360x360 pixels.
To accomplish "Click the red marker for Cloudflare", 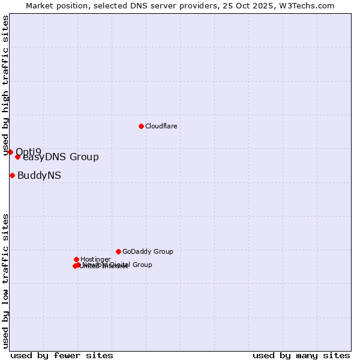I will [141, 126].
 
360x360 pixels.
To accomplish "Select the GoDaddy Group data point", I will [118, 251].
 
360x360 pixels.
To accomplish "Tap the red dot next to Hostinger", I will [76, 259].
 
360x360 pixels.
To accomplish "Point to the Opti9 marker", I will [10, 152].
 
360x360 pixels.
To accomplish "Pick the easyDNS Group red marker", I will [17, 157].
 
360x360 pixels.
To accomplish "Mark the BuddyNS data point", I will [12, 175].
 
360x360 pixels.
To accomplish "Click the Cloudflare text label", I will [161, 126].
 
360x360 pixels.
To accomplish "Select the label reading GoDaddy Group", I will [148, 251].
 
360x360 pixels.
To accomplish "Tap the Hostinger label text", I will [95, 259].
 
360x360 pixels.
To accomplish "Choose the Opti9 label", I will [29, 151].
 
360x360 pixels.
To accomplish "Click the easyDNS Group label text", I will [61, 157].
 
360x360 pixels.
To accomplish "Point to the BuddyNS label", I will [39, 175].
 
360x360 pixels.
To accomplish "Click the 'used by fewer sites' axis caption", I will [62, 355].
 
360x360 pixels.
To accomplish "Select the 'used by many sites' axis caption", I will [301, 355].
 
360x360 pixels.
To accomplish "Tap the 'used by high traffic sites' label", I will [6, 85].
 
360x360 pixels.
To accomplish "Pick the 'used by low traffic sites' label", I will [6, 281].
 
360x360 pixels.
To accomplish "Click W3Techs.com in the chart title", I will [309, 5].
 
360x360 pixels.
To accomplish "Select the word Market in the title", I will [40, 5].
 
